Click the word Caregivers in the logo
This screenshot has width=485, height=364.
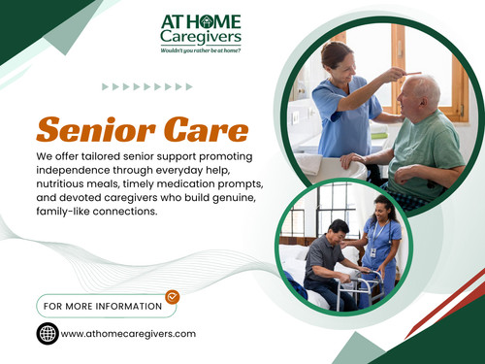[x=202, y=36]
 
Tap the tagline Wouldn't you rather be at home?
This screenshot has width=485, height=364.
[x=201, y=48]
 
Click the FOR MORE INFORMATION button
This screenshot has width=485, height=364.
[x=101, y=306]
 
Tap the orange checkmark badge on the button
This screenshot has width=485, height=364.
[x=172, y=297]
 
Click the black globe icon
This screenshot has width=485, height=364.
[x=47, y=334]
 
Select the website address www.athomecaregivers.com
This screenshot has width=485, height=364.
[x=128, y=334]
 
